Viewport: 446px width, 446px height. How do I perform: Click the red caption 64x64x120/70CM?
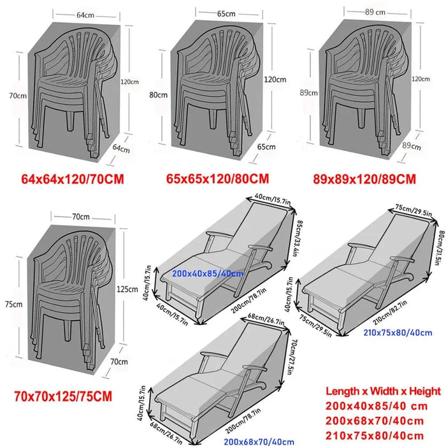tap(73, 179)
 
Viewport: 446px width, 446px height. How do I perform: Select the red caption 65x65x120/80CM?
tap(217, 178)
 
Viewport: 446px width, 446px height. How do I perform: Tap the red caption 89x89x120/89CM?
tap(364, 179)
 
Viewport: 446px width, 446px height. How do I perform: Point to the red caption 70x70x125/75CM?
tap(63, 396)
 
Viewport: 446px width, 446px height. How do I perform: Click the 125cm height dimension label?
tap(127, 289)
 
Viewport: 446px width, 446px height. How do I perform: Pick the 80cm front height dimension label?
tap(158, 95)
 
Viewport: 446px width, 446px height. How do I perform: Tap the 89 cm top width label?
tap(375, 12)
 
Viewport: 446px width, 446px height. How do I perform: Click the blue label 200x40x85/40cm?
tap(208, 273)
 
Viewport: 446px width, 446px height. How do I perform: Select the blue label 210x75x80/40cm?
tap(398, 333)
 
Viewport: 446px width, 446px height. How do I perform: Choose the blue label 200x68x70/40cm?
tap(259, 442)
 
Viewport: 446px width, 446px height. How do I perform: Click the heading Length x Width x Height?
tap(383, 391)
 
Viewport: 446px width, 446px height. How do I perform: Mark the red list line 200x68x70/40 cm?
tap(375, 421)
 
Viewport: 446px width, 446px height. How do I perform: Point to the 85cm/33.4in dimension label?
tap(296, 238)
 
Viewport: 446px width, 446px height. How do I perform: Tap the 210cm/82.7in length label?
tap(390, 312)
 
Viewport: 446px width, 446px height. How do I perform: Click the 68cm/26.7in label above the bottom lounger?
tap(266, 319)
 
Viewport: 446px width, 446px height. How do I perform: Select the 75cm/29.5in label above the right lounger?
tap(414, 210)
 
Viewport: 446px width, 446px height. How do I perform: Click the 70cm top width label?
tap(81, 217)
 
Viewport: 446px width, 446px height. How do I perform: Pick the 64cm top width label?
tap(85, 15)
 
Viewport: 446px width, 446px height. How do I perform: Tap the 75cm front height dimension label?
tap(13, 304)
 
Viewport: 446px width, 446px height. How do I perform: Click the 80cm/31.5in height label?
tap(441, 247)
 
